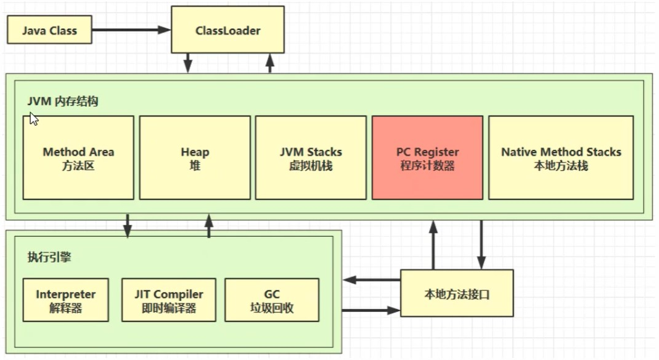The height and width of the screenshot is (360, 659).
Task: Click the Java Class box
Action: click(49, 30)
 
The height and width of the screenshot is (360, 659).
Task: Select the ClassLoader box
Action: click(227, 30)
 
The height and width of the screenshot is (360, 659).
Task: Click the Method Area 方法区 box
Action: click(78, 158)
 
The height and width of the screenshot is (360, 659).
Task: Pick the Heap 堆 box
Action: click(195, 158)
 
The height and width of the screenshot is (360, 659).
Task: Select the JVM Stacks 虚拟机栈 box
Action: click(311, 158)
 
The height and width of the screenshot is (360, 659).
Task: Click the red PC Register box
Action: click(427, 158)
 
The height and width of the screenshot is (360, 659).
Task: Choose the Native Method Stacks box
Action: click(561, 158)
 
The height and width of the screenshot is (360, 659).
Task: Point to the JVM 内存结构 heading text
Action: click(62, 102)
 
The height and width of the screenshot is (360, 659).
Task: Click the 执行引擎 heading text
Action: click(49, 257)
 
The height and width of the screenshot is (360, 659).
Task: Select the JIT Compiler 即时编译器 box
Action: click(169, 300)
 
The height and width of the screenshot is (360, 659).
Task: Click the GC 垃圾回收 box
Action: click(272, 300)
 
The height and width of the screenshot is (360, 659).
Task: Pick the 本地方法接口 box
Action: click(457, 293)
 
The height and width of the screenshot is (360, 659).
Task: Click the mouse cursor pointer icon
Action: click(33, 119)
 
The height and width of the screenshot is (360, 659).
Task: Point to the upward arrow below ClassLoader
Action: click(269, 63)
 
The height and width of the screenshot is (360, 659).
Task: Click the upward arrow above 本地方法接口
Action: click(433, 245)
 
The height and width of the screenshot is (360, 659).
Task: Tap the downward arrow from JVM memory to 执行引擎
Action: click(128, 226)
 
